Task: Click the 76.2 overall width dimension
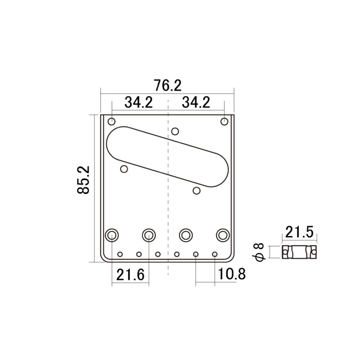point(167,86)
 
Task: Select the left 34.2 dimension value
point(139,103)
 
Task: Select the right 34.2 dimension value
point(196,103)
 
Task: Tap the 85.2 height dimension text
point(84,180)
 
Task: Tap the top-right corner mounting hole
point(225,121)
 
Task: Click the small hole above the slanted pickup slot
point(175,131)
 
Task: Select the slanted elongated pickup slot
point(167,156)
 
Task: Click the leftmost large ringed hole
point(112,235)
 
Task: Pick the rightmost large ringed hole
point(222,235)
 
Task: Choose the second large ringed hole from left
point(148,235)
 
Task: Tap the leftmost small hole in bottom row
point(120,254)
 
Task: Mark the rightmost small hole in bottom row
point(215,254)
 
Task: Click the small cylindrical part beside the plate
point(300,252)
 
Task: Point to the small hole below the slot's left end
point(125,169)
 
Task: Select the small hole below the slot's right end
point(197,190)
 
